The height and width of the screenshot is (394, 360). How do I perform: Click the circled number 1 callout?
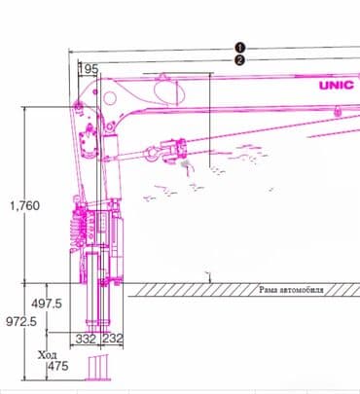(x=240, y=48)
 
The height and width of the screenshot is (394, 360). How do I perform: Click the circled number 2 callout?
(x=239, y=60)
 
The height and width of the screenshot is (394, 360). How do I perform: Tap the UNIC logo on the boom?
(x=337, y=86)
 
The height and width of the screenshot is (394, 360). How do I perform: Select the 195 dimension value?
(x=89, y=69)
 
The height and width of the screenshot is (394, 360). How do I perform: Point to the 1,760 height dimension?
(x=25, y=205)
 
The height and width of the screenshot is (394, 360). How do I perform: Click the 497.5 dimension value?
(x=47, y=304)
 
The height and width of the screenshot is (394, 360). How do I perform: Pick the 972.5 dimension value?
(x=21, y=321)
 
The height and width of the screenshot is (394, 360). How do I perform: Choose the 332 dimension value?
(x=86, y=339)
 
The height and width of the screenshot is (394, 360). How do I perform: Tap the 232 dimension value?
(x=113, y=339)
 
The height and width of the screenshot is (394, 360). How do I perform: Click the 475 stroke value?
(x=58, y=366)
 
